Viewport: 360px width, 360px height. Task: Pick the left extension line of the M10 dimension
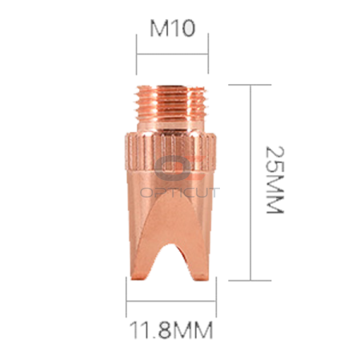click(138, 56)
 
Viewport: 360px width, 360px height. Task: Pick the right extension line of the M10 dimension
click(208, 56)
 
